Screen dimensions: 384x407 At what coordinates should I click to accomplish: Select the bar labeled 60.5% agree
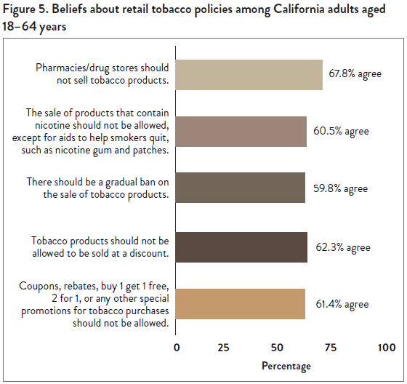point(241,132)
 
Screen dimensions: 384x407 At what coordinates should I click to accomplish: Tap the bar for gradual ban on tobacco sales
point(241,188)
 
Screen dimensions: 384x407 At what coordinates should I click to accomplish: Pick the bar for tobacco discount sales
point(242,247)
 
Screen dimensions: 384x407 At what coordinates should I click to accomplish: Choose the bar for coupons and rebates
point(241,304)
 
